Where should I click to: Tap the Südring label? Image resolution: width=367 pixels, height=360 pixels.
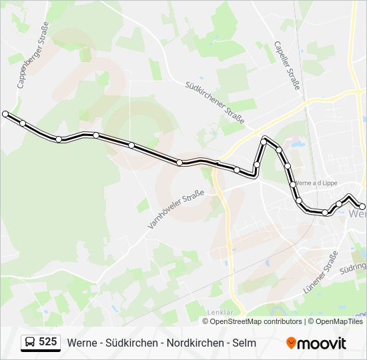click(x=353, y=267)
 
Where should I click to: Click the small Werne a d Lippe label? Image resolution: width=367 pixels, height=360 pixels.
click(x=316, y=183)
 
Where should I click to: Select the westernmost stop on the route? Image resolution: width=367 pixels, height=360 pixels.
click(x=6, y=114)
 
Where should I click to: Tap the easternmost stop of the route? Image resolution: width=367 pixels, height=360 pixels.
click(x=362, y=207)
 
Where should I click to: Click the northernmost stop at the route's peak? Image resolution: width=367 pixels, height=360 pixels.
click(x=265, y=141)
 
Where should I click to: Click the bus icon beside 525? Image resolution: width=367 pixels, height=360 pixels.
click(x=30, y=343)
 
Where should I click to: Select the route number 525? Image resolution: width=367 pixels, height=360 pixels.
click(x=48, y=343)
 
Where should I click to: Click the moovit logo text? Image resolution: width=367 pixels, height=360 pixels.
click(x=322, y=343)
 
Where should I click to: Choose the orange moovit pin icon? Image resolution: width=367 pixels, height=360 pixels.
click(x=292, y=343)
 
